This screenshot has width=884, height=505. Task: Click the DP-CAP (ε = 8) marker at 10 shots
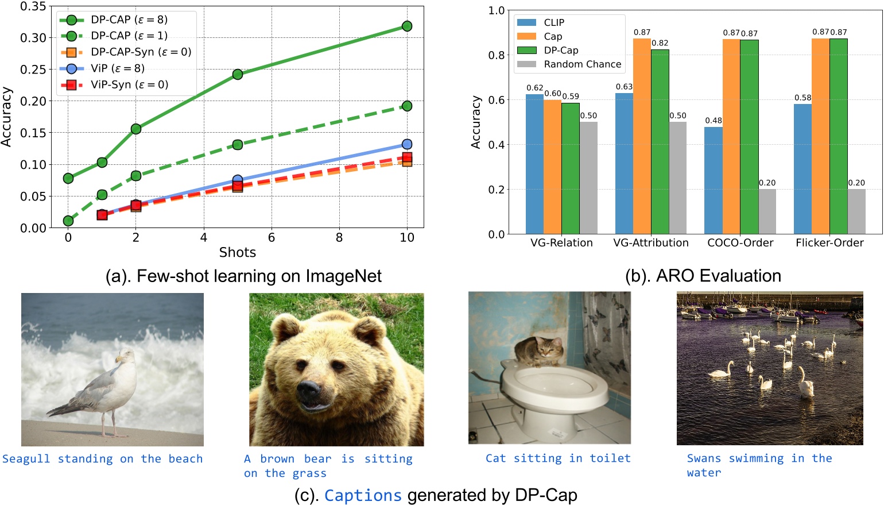click(407, 26)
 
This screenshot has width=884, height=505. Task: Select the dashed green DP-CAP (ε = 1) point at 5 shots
click(238, 145)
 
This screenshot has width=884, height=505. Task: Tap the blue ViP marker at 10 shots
click(407, 144)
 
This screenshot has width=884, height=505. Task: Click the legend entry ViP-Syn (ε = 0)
click(129, 84)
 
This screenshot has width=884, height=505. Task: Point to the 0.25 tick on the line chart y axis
click(33, 70)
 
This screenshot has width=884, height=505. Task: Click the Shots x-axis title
click(237, 252)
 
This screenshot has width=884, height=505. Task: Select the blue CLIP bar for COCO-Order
click(714, 181)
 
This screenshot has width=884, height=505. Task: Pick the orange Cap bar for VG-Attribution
click(642, 137)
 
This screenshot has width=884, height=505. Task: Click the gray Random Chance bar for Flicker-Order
click(856, 211)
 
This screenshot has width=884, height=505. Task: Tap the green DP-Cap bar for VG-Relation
click(571, 168)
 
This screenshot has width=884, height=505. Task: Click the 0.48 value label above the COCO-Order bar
click(714, 120)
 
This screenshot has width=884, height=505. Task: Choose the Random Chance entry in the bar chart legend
click(582, 64)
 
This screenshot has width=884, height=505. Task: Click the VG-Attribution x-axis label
click(651, 242)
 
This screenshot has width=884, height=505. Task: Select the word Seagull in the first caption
click(26, 458)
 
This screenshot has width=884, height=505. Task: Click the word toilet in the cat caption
click(610, 458)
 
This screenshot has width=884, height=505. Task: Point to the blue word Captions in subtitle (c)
click(363, 495)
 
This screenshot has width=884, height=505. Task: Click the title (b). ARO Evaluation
click(703, 276)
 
